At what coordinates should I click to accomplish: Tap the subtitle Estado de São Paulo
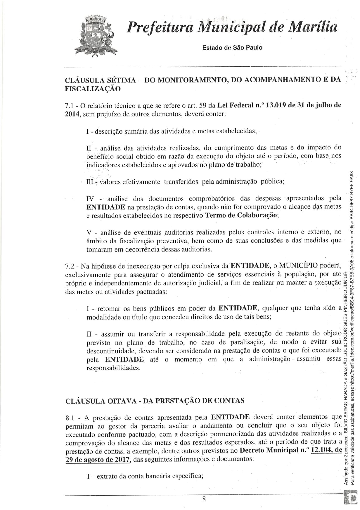232,48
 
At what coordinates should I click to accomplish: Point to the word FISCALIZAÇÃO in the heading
93,89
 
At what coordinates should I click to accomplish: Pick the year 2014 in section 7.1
72,114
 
